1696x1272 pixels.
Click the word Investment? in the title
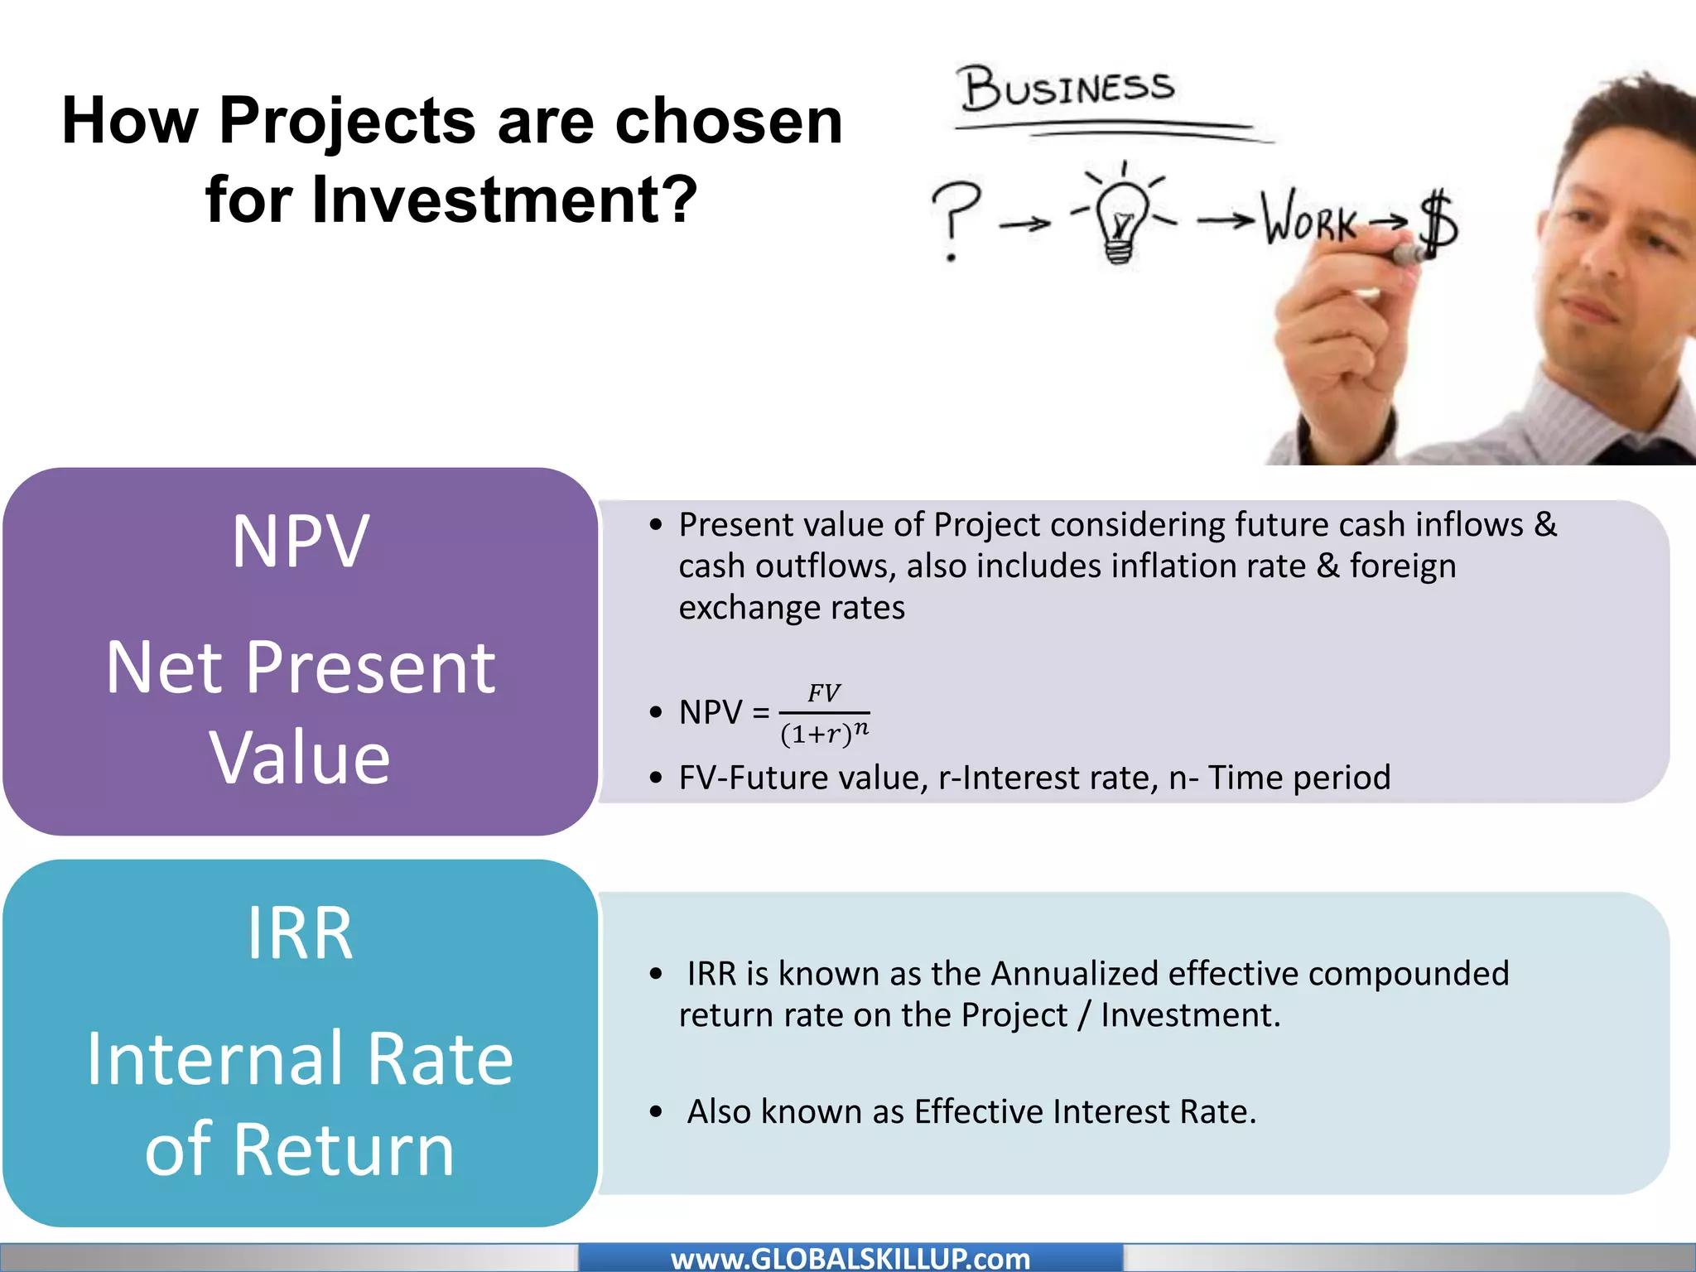[505, 200]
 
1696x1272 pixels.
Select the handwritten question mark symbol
[954, 218]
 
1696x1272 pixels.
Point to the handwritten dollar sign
[1439, 221]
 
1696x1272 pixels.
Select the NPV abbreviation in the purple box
[300, 542]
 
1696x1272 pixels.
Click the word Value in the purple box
[300, 758]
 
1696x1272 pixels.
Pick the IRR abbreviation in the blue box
[300, 934]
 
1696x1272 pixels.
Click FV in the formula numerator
[824, 693]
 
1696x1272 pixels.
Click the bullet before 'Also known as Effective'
[657, 1112]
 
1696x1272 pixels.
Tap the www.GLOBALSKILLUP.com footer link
[850, 1259]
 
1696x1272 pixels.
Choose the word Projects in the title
[348, 121]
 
